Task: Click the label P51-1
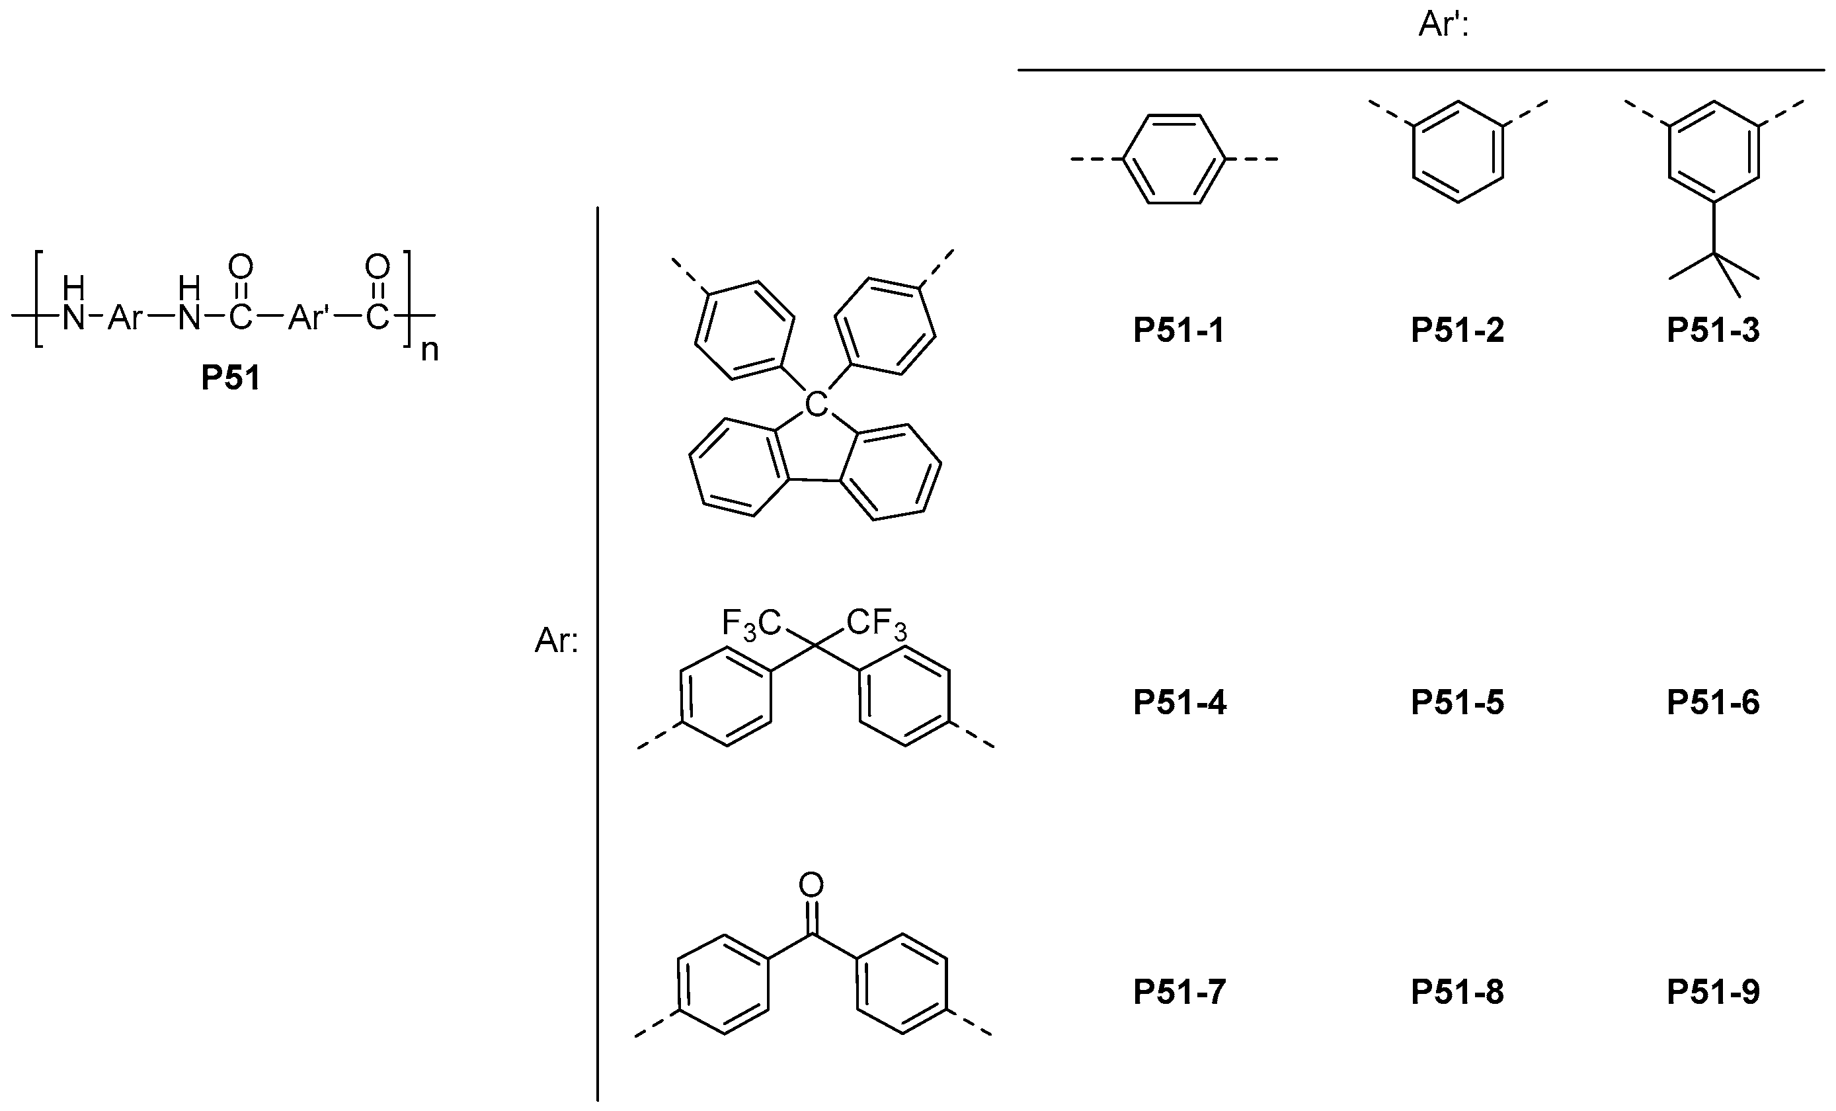pyautogui.click(x=1179, y=330)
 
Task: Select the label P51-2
pyautogui.click(x=1457, y=330)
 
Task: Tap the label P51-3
pyautogui.click(x=1712, y=330)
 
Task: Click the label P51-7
pyautogui.click(x=1179, y=992)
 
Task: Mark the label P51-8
pyautogui.click(x=1457, y=992)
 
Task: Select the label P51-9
pyautogui.click(x=1712, y=992)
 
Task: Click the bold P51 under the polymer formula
pyautogui.click(x=231, y=378)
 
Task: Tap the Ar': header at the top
pyautogui.click(x=1443, y=24)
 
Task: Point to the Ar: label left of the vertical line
pyautogui.click(x=556, y=641)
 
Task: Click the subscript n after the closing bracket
pyautogui.click(x=429, y=350)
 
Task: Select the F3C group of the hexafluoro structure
pyautogui.click(x=750, y=624)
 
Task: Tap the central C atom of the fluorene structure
pyautogui.click(x=817, y=405)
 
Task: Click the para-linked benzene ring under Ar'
pyautogui.click(x=1174, y=159)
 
